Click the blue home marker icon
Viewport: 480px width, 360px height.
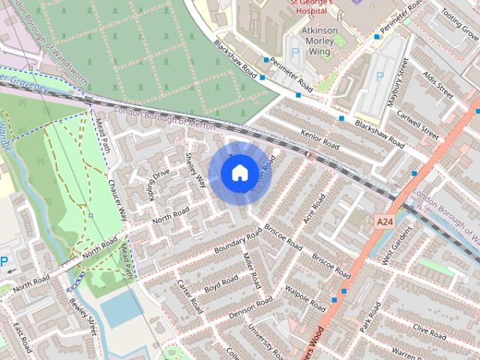pos(238,172)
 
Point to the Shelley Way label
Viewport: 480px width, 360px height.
pos(195,171)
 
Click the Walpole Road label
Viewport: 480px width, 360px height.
pos(309,294)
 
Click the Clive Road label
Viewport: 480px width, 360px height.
pos(429,329)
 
